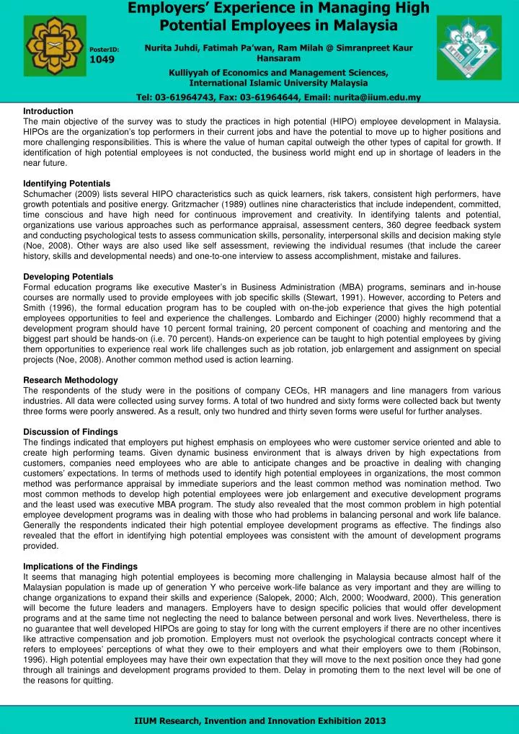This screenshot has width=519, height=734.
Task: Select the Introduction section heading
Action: click(x=48, y=111)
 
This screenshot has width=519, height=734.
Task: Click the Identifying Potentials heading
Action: click(x=67, y=184)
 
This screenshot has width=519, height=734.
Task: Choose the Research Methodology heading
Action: click(x=71, y=379)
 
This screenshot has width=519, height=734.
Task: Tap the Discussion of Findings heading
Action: click(x=71, y=431)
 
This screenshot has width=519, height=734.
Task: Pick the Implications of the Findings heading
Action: click(x=79, y=567)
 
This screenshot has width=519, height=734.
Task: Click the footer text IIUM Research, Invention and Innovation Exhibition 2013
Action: click(x=260, y=720)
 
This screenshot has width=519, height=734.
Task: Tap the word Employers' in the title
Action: click(x=167, y=9)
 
